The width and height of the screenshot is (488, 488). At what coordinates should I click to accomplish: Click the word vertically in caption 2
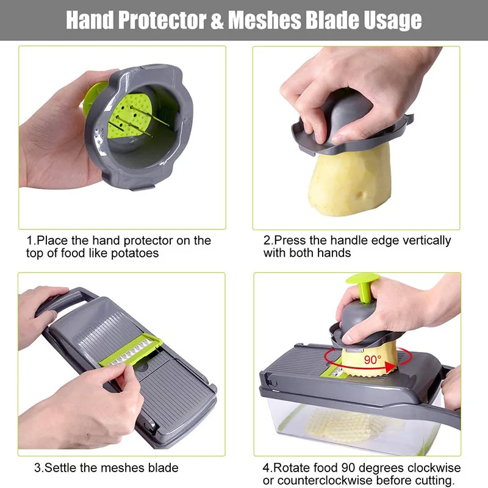(420, 240)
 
